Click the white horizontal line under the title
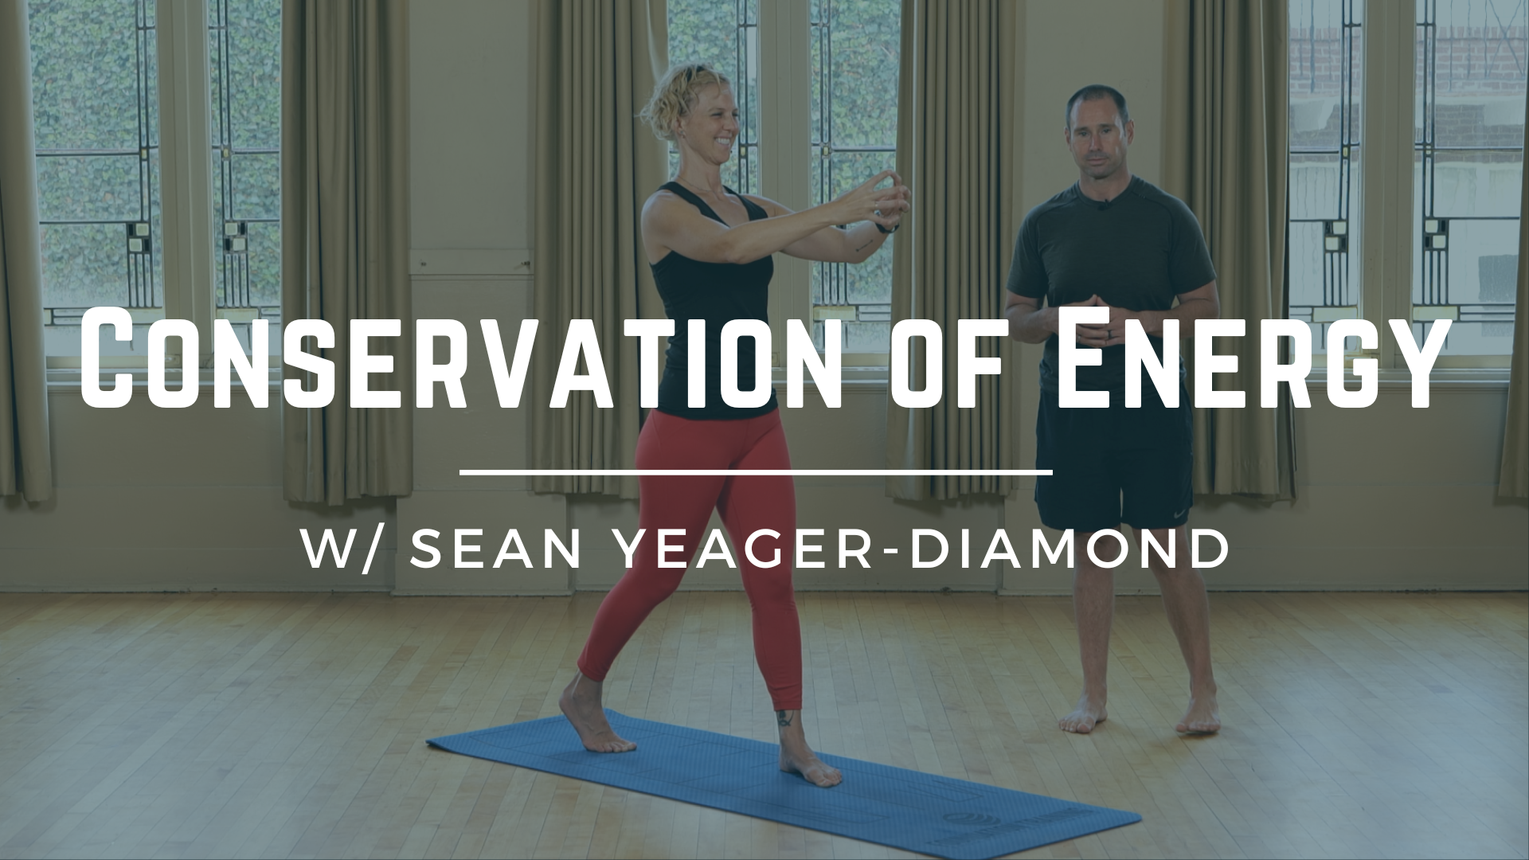coord(757,472)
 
